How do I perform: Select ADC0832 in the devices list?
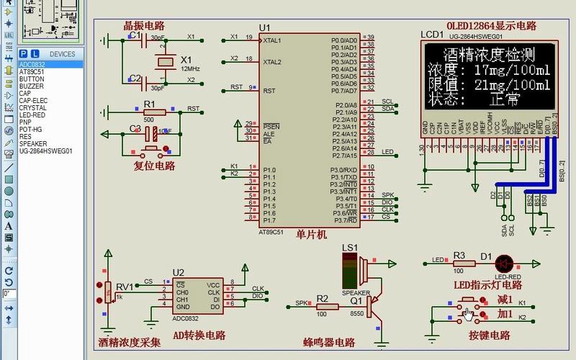click(32, 64)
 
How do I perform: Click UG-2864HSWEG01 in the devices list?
click(45, 151)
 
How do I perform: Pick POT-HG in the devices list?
click(31, 129)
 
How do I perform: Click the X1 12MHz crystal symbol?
click(166, 63)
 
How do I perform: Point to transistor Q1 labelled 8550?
click(372, 306)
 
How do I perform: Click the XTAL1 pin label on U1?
click(272, 40)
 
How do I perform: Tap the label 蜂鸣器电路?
click(330, 342)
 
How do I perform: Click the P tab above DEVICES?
click(24, 54)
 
